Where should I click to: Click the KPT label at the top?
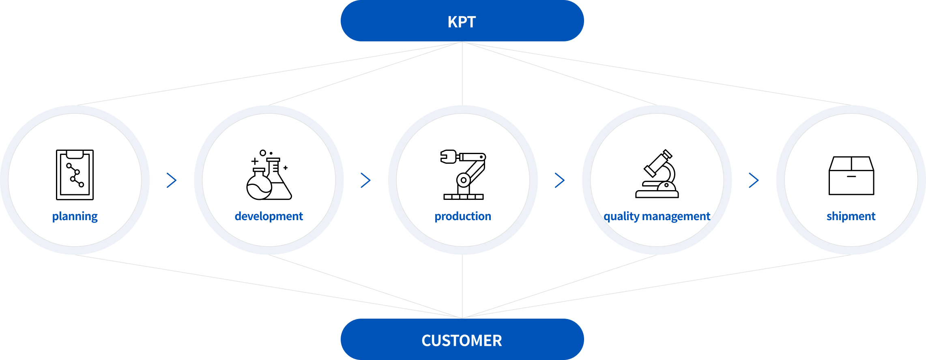pyautogui.click(x=462, y=21)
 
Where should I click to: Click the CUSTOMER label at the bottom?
pyautogui.click(x=462, y=341)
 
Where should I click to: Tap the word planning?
pyautogui.click(x=75, y=216)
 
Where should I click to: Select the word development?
pyautogui.click(x=269, y=216)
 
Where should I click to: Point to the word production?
pyautogui.click(x=463, y=216)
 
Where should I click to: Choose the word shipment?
pyautogui.click(x=851, y=216)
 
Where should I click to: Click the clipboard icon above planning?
pyautogui.click(x=75, y=175)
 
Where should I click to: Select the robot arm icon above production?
pyautogui.click(x=463, y=175)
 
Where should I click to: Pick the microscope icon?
pyautogui.click(x=657, y=174)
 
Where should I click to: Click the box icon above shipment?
pyautogui.click(x=851, y=176)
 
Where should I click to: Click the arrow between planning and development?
pyautogui.click(x=172, y=180)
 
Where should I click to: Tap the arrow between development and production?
pyautogui.click(x=365, y=180)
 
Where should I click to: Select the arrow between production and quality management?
pyautogui.click(x=560, y=180)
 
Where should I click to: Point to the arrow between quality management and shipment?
pyautogui.click(x=754, y=180)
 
